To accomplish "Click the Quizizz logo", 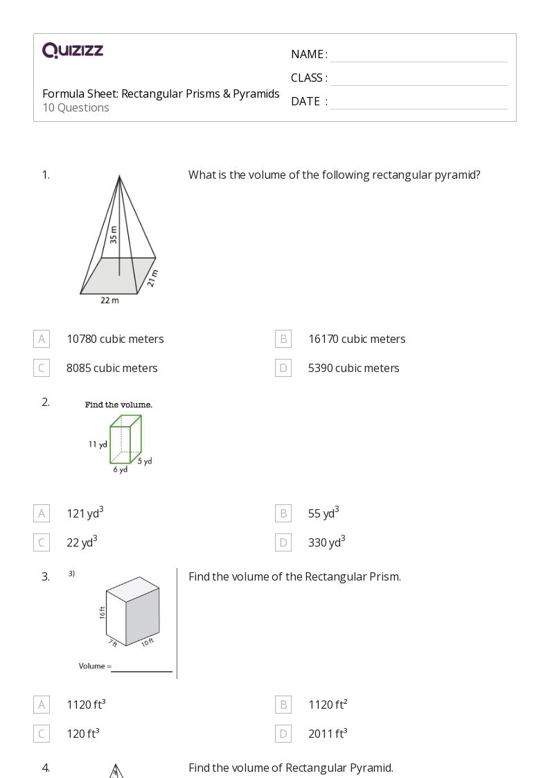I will [x=73, y=50].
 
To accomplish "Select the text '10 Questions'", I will [x=76, y=107].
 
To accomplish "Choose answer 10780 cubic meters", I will [x=115, y=339].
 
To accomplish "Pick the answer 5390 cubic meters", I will [x=353, y=368].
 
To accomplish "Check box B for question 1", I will [x=283, y=339].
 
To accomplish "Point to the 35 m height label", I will [x=114, y=235].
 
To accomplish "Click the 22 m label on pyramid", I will [x=109, y=300].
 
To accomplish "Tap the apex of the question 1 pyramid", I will [x=120, y=176].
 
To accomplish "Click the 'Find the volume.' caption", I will [x=118, y=405].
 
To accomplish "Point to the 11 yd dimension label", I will [x=97, y=444].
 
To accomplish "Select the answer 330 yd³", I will [x=326, y=542].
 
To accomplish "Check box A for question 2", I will [x=42, y=513].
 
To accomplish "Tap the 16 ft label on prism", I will [x=102, y=612].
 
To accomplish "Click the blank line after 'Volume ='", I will [x=142, y=669].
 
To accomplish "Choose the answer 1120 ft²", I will [x=328, y=705].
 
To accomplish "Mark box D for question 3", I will [x=283, y=734].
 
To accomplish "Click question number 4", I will [x=46, y=767].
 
